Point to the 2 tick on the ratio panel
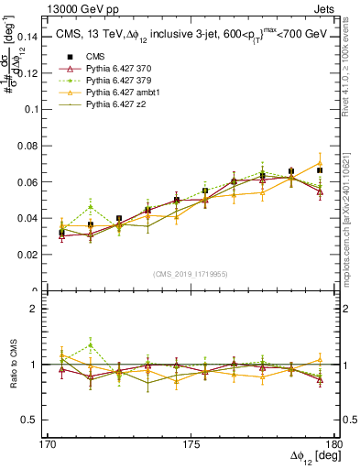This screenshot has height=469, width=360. coord(43,309)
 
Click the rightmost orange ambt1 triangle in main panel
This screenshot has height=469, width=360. coord(320,163)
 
